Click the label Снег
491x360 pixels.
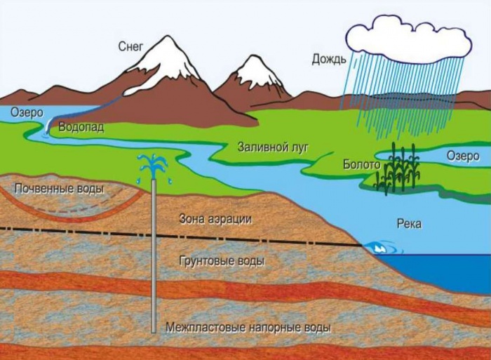point(130,47)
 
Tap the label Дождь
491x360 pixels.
point(329,59)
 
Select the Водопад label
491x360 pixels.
point(81,128)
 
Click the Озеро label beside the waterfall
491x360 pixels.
point(27,112)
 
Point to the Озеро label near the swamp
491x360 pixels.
point(463,156)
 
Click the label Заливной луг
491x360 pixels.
point(273,147)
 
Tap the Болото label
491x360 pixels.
point(362,164)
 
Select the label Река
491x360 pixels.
point(409,224)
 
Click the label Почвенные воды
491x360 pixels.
point(60,189)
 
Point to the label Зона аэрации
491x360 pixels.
point(215,219)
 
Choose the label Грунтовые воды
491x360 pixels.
point(222,261)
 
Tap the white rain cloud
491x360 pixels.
point(409,38)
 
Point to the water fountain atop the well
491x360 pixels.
point(154,167)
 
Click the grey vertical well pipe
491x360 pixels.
point(154,256)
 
